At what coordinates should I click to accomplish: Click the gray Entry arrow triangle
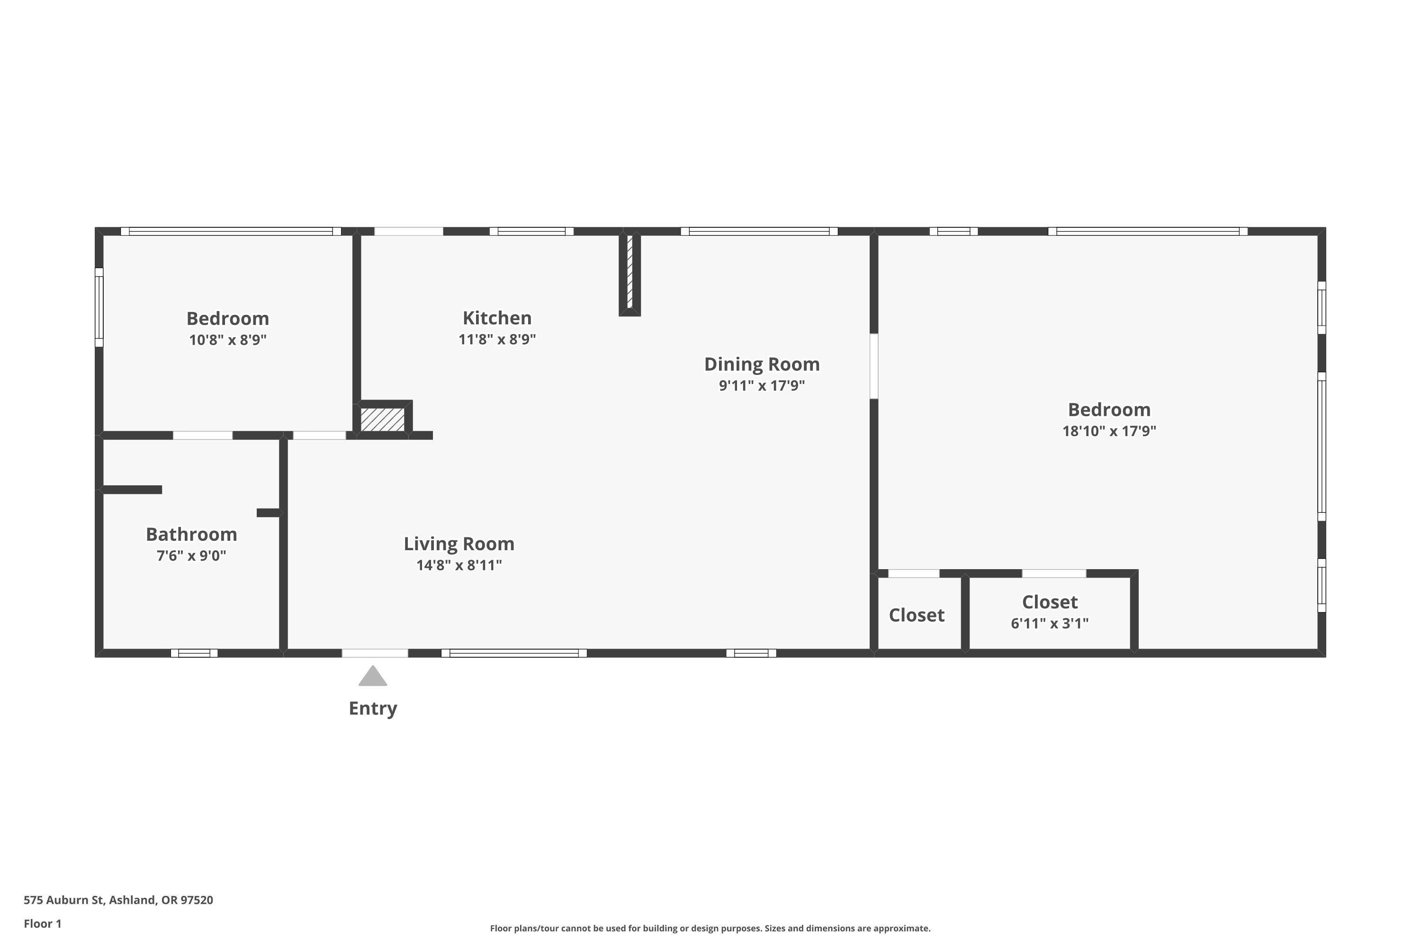click(373, 677)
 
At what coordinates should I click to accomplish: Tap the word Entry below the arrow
click(373, 708)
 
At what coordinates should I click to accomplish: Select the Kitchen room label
click(497, 318)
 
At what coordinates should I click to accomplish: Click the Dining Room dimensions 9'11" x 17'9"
click(761, 385)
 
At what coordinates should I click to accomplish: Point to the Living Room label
click(459, 544)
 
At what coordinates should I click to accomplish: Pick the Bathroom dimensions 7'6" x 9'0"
click(191, 555)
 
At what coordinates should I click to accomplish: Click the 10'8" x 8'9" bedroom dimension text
click(228, 339)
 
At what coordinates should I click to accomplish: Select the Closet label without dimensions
click(917, 615)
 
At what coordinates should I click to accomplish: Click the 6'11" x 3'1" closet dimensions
click(1050, 623)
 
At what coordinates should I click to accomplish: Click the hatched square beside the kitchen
click(382, 419)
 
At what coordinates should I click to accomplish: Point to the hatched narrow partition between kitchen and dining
click(630, 271)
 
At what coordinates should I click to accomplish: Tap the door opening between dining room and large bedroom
click(873, 366)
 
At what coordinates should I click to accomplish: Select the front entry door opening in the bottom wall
click(375, 653)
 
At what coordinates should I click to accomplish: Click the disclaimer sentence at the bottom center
click(710, 928)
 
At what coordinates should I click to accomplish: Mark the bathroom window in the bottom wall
click(194, 653)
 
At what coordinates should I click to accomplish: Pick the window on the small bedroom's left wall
click(99, 307)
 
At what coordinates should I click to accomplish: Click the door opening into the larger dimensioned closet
click(1053, 573)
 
